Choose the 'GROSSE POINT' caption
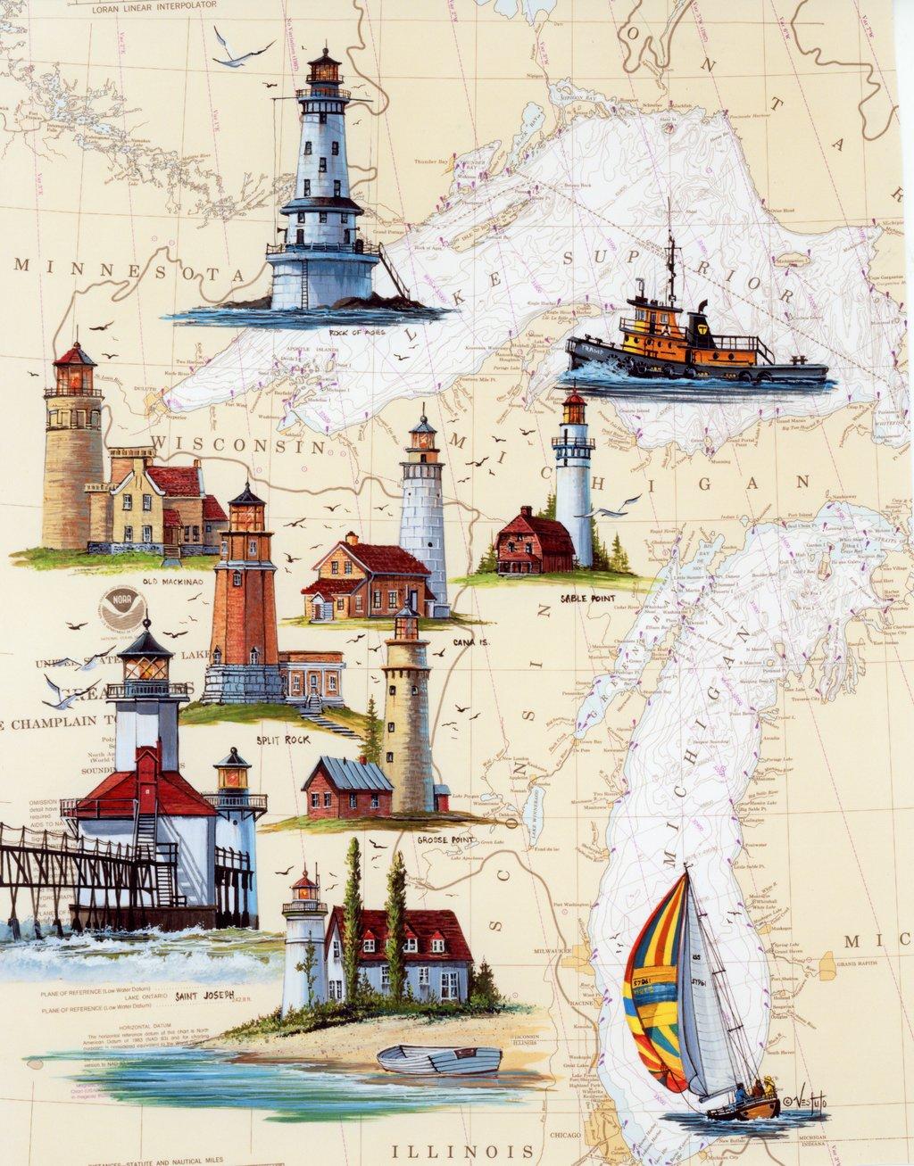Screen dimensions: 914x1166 pos(445,839)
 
